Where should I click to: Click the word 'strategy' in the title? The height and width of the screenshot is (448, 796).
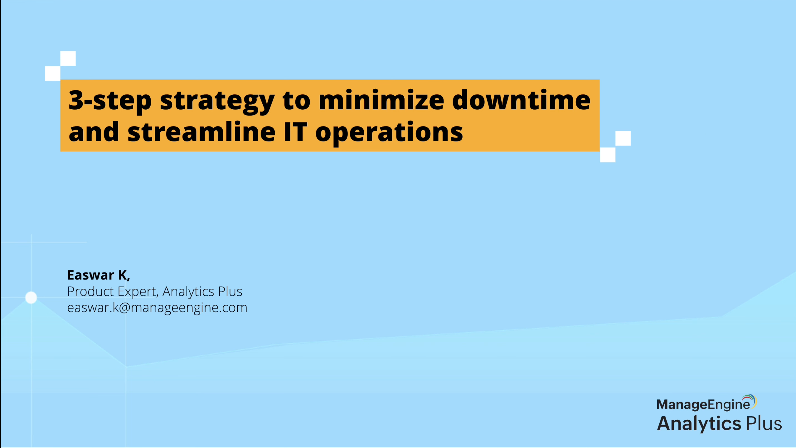pos(217,102)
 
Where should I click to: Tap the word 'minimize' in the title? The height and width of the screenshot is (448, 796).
pos(381,100)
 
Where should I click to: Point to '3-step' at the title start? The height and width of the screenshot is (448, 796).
pos(110,102)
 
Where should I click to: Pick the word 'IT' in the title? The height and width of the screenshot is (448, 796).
pos(296,132)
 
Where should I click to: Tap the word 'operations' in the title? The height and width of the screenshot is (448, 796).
pos(389,134)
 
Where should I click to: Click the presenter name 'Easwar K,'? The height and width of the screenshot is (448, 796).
pos(99,275)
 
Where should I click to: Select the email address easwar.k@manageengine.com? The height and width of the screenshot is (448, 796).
pos(157,307)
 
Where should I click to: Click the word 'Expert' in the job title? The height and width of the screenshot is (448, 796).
pos(138,292)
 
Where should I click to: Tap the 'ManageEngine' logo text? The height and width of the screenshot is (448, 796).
pos(703,405)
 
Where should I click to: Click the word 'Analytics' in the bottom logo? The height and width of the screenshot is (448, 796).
pos(699,424)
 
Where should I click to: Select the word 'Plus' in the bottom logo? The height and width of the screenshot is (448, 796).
pos(764,423)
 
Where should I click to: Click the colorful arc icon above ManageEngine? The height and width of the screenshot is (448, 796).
pos(750,401)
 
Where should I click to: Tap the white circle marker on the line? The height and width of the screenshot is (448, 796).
pos(31,298)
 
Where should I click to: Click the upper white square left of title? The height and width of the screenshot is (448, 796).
pos(68,58)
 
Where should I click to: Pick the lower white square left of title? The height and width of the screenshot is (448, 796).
pos(53,73)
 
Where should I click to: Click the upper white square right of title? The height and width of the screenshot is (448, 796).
pos(623,138)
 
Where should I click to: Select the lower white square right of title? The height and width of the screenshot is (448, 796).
pos(608,155)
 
